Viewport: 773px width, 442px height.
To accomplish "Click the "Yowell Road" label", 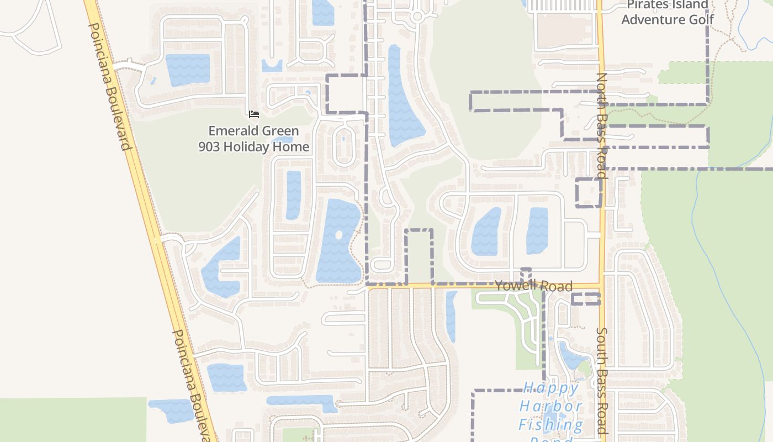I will pyautogui.click(x=533, y=286).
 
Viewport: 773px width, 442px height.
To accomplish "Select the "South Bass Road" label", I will pyautogui.click(x=602, y=381).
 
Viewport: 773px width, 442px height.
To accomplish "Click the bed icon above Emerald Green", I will pyautogui.click(x=254, y=114).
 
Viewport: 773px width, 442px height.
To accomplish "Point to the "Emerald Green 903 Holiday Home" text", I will pyautogui.click(x=254, y=139).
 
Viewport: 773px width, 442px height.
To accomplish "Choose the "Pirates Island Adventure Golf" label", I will pyautogui.click(x=668, y=12).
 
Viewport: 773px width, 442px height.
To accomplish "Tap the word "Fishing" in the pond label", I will pyautogui.click(x=550, y=424).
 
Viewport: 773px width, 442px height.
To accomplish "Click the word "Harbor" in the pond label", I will pyautogui.click(x=550, y=407).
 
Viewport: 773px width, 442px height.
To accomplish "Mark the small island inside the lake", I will pyautogui.click(x=338, y=235).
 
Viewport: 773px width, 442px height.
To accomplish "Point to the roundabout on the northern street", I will pyautogui.click(x=417, y=17).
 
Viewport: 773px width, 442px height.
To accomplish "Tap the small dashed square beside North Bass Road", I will pyautogui.click(x=589, y=193).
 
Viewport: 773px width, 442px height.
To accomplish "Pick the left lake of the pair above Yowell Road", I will pyautogui.click(x=486, y=232).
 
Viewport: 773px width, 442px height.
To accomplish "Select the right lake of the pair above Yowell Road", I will pyautogui.click(x=537, y=230).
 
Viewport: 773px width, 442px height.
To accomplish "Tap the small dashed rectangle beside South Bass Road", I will pyautogui.click(x=585, y=299).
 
